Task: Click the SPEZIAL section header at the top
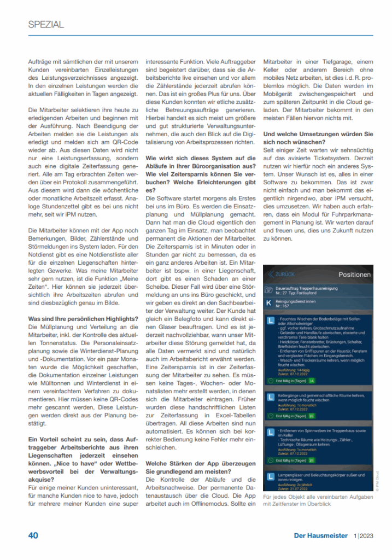pos(46,24)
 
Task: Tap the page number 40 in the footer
pos(33,535)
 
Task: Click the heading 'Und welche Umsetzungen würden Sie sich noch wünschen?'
pos(318,138)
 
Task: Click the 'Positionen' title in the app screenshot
pos(354,275)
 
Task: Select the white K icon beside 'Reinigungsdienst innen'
pos(268,303)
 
